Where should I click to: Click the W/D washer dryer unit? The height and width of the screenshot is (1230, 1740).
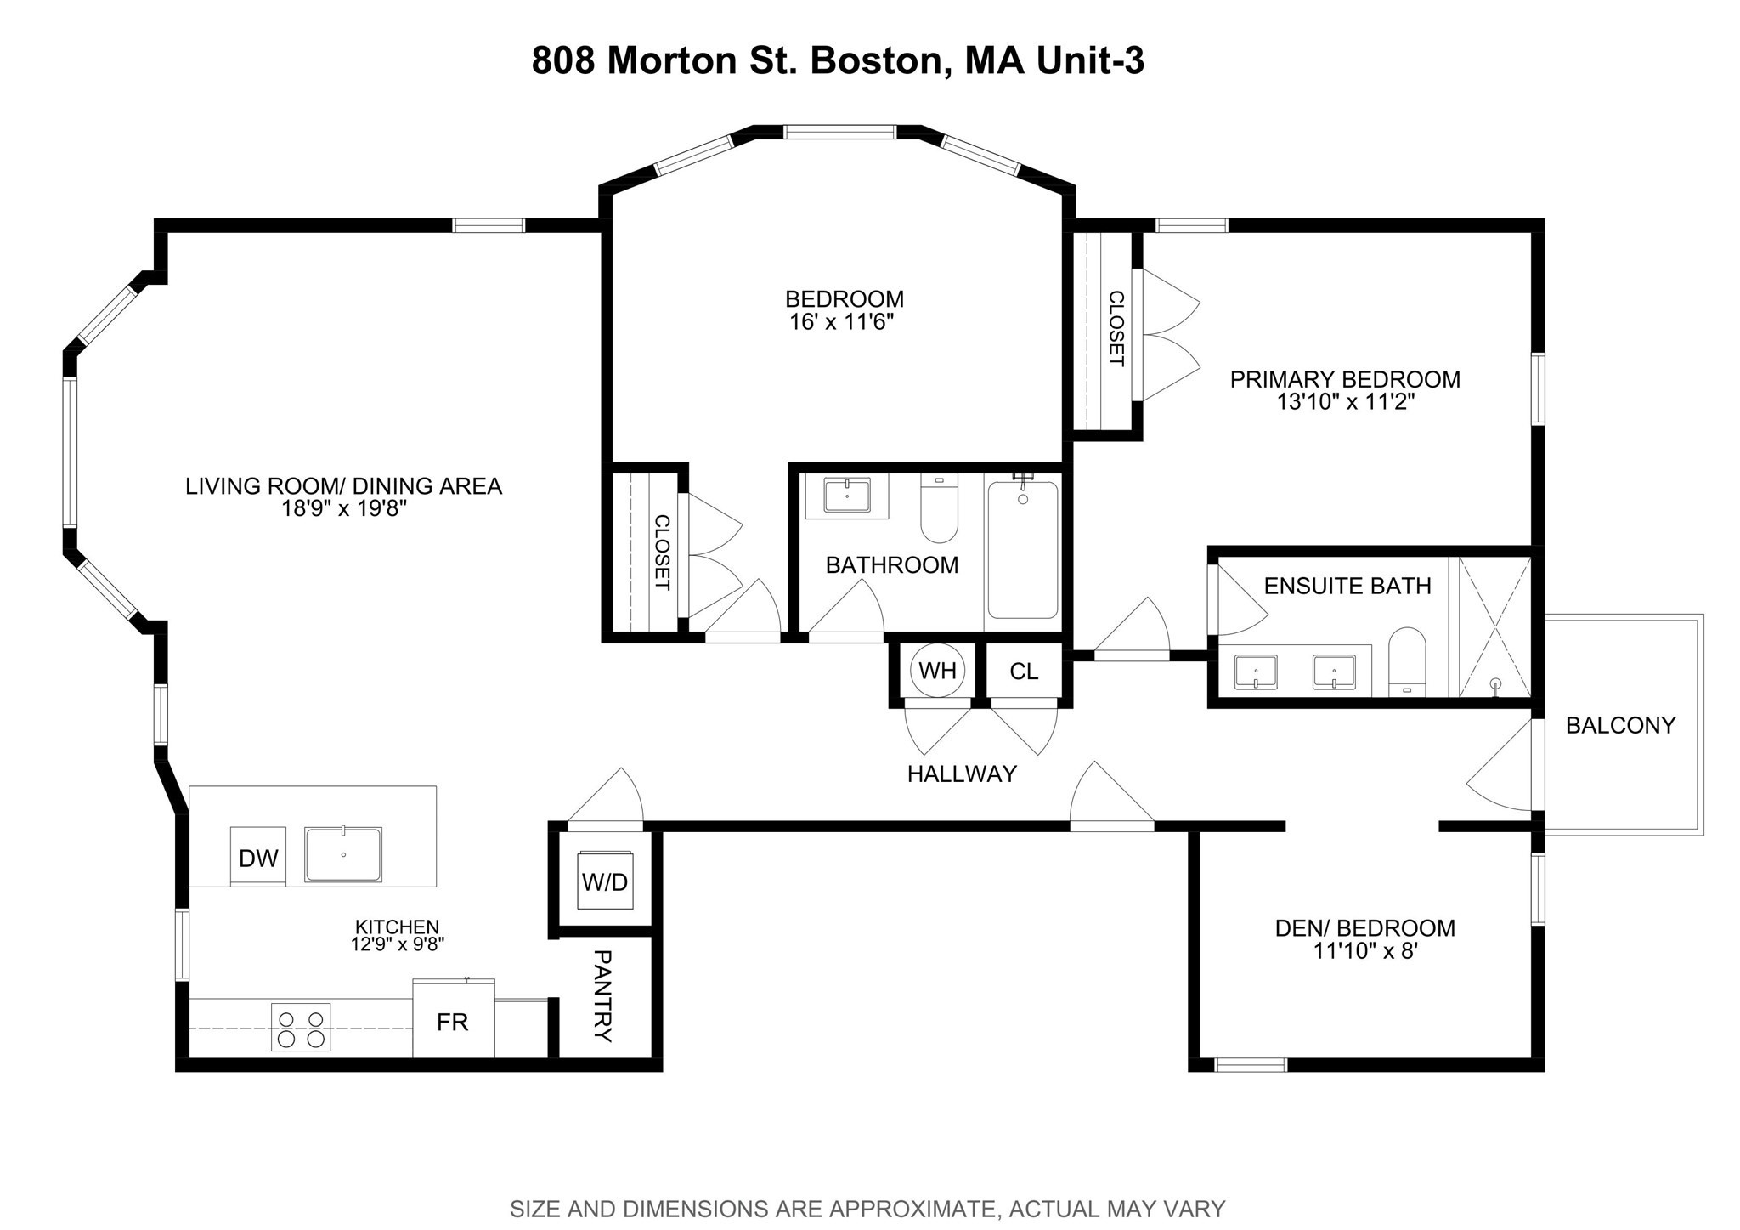605,882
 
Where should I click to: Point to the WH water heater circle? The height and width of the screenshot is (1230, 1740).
937,672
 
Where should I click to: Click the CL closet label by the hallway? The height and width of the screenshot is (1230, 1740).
1024,672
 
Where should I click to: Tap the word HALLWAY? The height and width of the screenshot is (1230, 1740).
962,774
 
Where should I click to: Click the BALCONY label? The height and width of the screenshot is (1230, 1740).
1620,726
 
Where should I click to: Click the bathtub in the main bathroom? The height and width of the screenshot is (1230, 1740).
1023,551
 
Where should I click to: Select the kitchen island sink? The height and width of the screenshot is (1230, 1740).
343,853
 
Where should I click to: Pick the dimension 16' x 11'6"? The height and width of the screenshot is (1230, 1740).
843,322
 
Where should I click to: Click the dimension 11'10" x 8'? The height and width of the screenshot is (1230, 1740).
1365,951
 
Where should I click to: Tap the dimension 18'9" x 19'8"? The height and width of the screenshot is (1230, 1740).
344,509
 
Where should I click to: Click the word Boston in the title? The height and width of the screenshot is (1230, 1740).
874,61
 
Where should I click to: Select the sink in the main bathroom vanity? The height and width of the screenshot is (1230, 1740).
847,495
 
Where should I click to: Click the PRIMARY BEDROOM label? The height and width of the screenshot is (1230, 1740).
1345,380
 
